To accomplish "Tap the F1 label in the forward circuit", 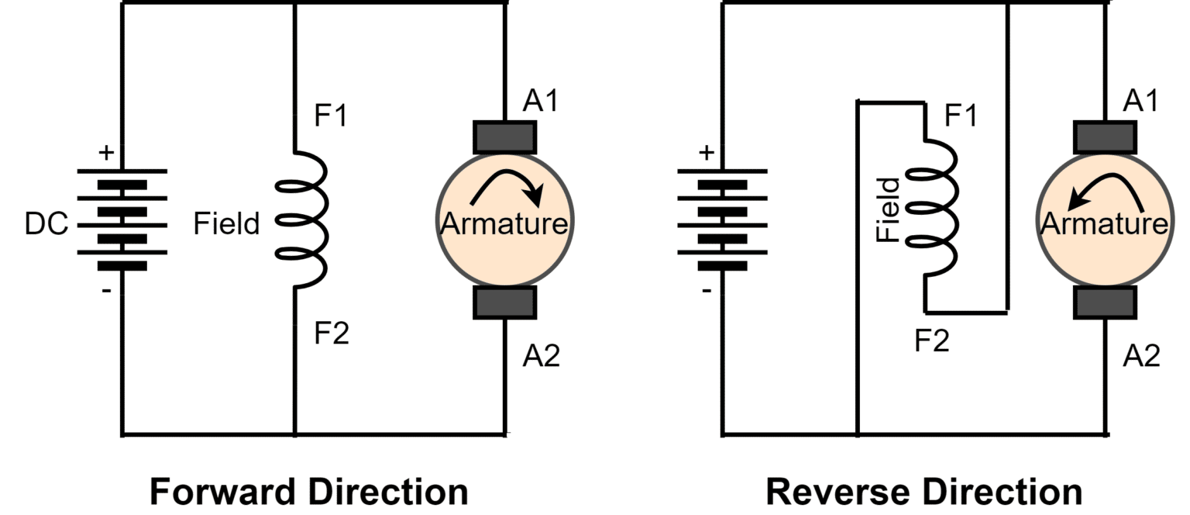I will tap(331, 116).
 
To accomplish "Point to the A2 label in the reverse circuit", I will tap(1141, 356).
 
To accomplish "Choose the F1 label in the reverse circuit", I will tap(961, 116).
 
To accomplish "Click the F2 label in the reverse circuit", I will tap(932, 340).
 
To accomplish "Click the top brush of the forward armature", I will tap(504, 137).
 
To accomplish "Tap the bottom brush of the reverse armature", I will tap(1104, 302).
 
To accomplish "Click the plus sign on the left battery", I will tap(105, 153).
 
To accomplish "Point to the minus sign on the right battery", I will tap(706, 292).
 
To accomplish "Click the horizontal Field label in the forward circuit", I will tap(226, 225).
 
